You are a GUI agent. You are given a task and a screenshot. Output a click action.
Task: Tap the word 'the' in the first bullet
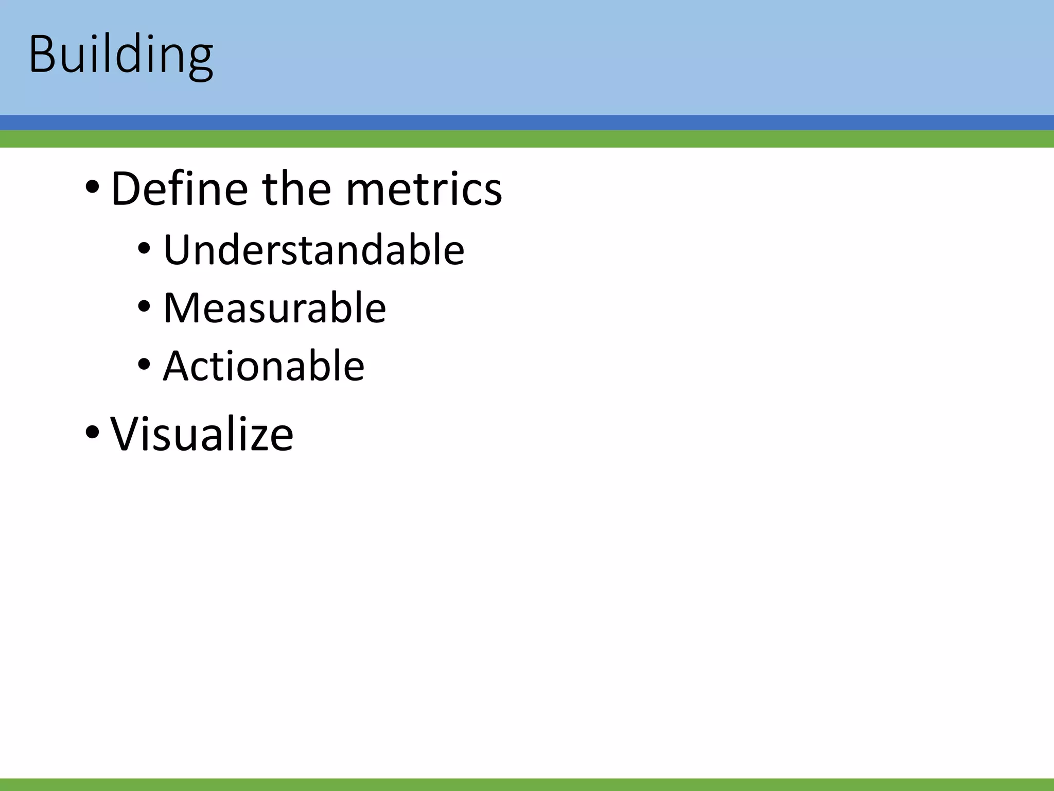(x=296, y=189)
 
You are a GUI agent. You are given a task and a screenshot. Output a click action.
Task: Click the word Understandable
(x=313, y=250)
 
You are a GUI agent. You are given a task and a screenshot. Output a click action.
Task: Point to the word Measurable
(x=274, y=308)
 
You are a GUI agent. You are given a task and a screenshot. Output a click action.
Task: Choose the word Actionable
(x=263, y=366)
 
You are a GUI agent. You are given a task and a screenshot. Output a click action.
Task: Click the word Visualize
(x=202, y=434)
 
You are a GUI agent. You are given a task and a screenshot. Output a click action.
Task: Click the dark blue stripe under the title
(x=527, y=123)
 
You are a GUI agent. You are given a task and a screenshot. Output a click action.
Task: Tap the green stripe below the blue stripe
(x=527, y=139)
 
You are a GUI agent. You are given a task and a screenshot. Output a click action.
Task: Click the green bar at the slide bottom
(x=527, y=784)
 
